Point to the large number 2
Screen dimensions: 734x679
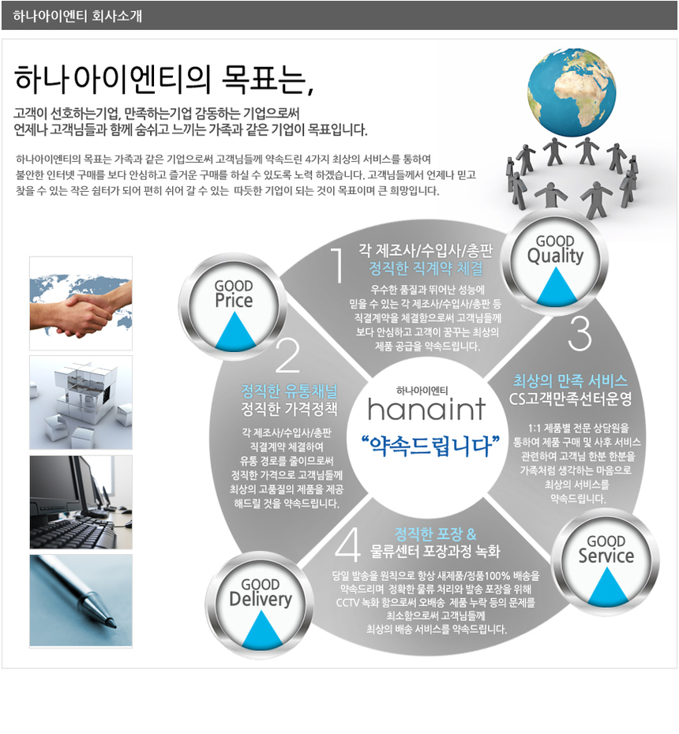pos(287,356)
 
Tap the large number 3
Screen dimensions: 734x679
pos(579,334)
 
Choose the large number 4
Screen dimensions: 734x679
pos(348,545)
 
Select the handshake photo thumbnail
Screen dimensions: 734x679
pos(81,303)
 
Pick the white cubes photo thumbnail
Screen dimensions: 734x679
pos(81,403)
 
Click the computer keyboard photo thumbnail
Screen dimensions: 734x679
pos(81,502)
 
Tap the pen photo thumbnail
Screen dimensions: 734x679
pos(81,601)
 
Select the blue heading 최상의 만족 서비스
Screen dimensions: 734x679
pos(570,379)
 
